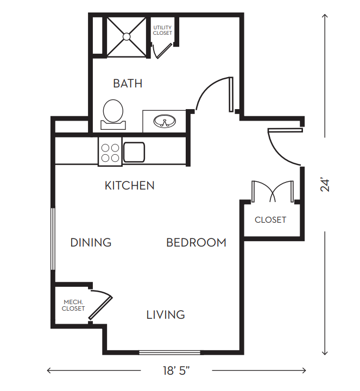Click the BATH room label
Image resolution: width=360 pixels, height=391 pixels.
pos(128,83)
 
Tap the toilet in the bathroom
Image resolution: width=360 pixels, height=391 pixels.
pos(113,115)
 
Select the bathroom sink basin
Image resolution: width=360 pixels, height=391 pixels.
pos(165,122)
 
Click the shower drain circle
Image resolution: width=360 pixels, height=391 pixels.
pos(127,37)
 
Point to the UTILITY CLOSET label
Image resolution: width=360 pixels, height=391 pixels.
pos(162,30)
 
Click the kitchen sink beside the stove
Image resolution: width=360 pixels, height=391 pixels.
pos(134,152)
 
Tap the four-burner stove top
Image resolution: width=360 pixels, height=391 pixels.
pos(110,152)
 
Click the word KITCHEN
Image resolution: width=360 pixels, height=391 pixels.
pos(130,186)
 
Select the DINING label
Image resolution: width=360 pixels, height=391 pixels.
pos(91,242)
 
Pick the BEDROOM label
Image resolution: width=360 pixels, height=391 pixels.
pos(196,242)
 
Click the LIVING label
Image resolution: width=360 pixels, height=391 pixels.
pos(166,314)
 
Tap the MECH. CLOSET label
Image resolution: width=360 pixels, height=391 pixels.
pos(73,305)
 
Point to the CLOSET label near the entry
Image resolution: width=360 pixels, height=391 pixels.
pos(270,220)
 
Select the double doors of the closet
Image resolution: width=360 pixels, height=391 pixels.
pos(273,191)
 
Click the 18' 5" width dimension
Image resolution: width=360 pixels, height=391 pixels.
pos(176,370)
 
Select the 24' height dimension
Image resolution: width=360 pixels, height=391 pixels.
pos(325,185)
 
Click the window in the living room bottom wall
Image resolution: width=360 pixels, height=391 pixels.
pos(169,352)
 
